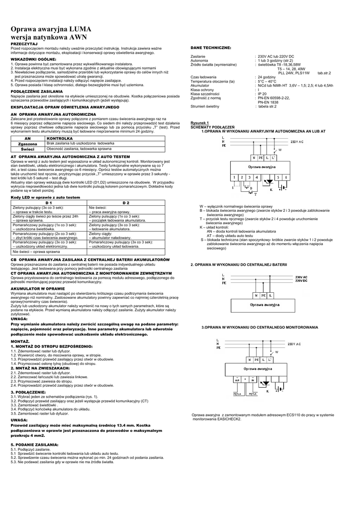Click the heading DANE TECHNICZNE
pos(211,47)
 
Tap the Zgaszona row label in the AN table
pos(28,143)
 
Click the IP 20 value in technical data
pos(261,93)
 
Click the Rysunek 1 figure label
pos(200,123)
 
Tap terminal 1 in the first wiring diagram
pos(234,176)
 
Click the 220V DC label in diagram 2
pos(301,281)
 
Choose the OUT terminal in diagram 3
pos(238,379)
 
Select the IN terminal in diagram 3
pos(253,379)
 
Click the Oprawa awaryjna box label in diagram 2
pos(264,304)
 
